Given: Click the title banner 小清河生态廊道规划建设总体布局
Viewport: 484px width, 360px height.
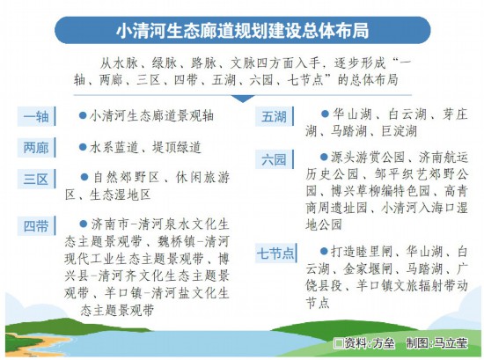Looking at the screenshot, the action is (243, 30).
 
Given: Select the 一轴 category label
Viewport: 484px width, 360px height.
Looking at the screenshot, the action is (36, 116).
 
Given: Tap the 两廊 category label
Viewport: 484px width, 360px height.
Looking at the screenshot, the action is (36, 148).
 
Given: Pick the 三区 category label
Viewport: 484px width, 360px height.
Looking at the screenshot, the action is (36, 179).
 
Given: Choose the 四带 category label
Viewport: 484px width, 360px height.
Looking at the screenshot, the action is (36, 226).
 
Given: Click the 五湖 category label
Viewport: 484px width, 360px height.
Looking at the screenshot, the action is (275, 116).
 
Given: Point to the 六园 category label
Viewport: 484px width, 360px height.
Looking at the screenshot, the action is (275, 159).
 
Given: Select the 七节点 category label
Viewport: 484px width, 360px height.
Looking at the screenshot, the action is (276, 253).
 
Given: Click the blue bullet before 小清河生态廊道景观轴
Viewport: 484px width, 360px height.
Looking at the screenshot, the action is (83, 115).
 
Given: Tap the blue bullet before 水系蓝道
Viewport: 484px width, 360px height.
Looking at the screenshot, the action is (83, 147).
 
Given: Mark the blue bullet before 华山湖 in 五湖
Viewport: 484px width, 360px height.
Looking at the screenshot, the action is (325, 114).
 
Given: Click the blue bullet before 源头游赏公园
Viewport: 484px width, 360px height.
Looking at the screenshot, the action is (324, 158).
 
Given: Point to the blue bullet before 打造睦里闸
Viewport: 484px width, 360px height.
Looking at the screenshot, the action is (324, 252).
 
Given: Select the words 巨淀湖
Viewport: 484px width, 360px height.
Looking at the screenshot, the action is (400, 131).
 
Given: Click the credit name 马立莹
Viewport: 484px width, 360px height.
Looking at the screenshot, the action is (451, 343).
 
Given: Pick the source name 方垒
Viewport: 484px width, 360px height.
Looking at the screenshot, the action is (384, 343).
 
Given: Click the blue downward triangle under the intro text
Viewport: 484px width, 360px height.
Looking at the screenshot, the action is (243, 99).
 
